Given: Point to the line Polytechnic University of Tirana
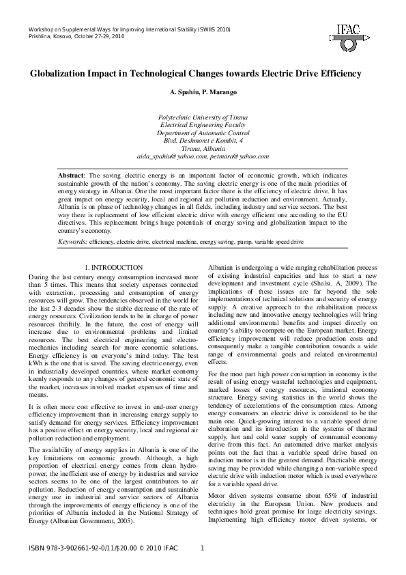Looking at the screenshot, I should pyautogui.click(x=203, y=117).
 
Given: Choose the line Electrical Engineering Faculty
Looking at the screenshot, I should pyautogui.click(x=203, y=125).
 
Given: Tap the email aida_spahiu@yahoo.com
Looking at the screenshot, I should pyautogui.click(x=166, y=156).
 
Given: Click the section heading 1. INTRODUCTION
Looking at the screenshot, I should pyautogui.click(x=113, y=267).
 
